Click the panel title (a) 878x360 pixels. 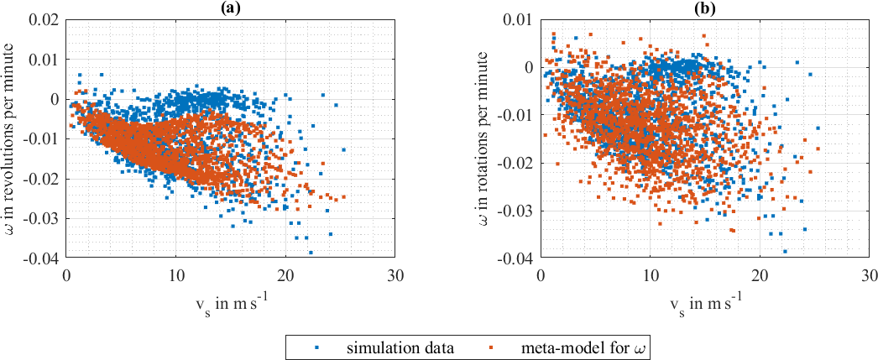(x=232, y=8)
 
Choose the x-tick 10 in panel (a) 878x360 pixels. (x=176, y=274)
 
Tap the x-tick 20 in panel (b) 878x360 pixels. (x=760, y=274)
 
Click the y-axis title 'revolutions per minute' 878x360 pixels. (x=11, y=138)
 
